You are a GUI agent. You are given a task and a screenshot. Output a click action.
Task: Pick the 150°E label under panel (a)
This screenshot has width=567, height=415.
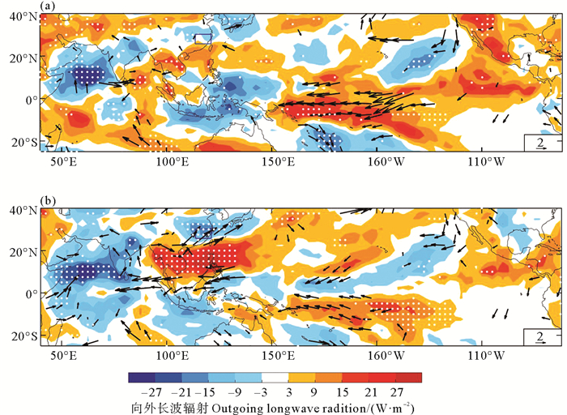[x=276, y=161]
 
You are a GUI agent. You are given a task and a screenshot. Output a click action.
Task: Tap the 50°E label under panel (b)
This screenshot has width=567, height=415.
[x=64, y=355]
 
